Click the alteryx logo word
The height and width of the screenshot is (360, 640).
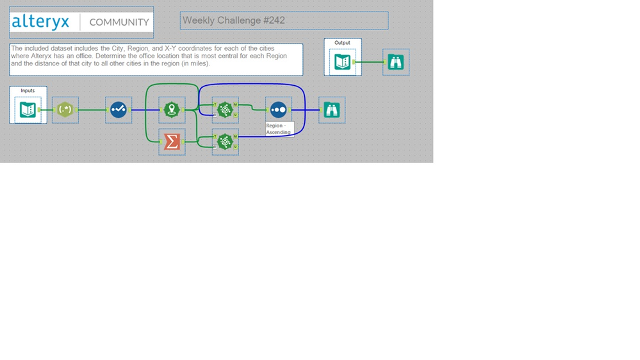pyautogui.click(x=40, y=22)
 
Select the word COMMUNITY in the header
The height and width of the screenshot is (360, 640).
pyautogui.click(x=119, y=22)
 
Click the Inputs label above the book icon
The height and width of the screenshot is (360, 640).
pyautogui.click(x=28, y=90)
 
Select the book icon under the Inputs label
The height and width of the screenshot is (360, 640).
pyautogui.click(x=28, y=110)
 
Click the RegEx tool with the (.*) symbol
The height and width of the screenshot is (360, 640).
pyautogui.click(x=65, y=110)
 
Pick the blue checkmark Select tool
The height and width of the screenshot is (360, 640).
pyautogui.click(x=119, y=110)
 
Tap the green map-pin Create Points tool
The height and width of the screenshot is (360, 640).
pyautogui.click(x=172, y=110)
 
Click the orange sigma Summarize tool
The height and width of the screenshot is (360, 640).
pyautogui.click(x=172, y=142)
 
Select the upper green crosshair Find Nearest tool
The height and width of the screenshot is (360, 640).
pyautogui.click(x=225, y=110)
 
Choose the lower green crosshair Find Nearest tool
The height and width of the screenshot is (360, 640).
pyautogui.click(x=225, y=142)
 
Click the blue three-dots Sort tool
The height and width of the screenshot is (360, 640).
pyautogui.click(x=279, y=110)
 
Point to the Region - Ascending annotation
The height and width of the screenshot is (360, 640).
pyautogui.click(x=279, y=129)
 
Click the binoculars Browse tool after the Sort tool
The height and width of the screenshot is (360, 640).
pyautogui.click(x=332, y=110)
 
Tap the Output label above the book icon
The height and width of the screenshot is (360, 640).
pyautogui.click(x=343, y=43)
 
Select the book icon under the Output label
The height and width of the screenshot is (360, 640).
pyautogui.click(x=343, y=62)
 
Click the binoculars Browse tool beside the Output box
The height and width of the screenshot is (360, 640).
pyautogui.click(x=395, y=62)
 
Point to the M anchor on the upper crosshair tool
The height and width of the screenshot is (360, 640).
pyautogui.click(x=236, y=104)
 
